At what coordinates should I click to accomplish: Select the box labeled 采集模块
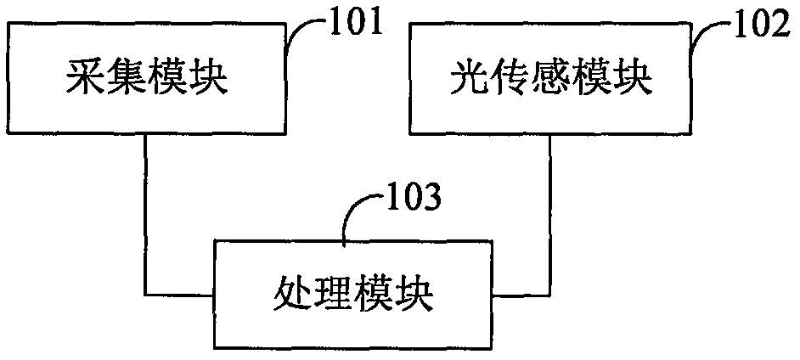149,81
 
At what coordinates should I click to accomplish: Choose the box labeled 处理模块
354,295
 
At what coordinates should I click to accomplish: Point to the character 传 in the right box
509,82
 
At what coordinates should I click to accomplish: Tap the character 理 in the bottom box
333,295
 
